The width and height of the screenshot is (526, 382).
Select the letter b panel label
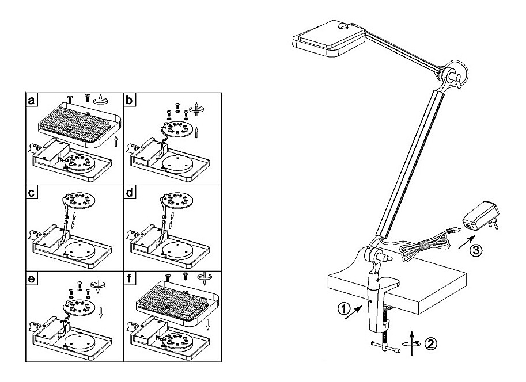130,101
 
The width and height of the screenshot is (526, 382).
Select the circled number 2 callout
430,344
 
